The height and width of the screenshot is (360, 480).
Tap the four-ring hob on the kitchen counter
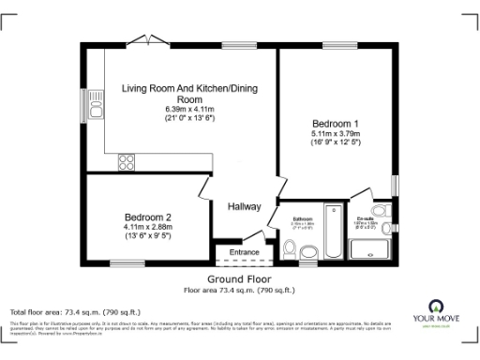click(x=127, y=162)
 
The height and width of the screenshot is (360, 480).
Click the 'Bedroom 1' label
click(x=336, y=124)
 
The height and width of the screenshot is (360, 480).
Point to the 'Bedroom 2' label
click(x=147, y=217)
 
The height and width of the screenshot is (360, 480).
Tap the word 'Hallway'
click(x=244, y=206)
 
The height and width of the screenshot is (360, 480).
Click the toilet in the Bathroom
click(x=289, y=248)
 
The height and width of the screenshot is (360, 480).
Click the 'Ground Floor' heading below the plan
click(x=240, y=279)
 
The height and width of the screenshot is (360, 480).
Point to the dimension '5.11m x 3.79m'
click(x=336, y=134)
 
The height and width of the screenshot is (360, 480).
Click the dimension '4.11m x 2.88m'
click(x=147, y=227)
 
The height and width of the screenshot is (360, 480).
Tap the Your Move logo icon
click(x=435, y=307)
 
